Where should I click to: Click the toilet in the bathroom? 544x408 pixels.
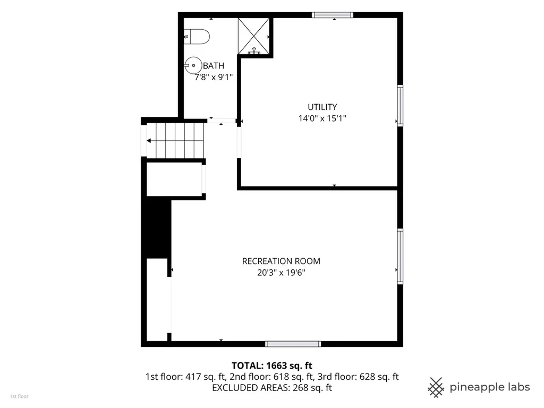[x=197, y=37]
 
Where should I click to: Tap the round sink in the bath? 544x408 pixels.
[x=193, y=65]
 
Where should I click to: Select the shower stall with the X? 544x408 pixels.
[x=253, y=36]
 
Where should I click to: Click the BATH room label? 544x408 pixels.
[x=214, y=65]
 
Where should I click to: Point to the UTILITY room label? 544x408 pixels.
[x=322, y=107]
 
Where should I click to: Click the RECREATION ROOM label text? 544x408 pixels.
[x=281, y=261]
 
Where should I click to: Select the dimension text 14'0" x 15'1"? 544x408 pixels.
[x=322, y=118]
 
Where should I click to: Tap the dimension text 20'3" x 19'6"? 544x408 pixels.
[x=281, y=273]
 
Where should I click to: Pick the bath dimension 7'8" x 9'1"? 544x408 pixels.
[x=214, y=77]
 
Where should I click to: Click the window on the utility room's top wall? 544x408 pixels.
[x=333, y=15]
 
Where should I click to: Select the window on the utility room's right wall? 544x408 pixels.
[x=400, y=106]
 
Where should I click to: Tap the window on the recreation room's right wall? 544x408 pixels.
[x=400, y=257]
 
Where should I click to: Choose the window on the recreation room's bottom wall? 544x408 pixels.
[x=293, y=344]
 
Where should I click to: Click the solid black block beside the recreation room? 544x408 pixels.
[x=156, y=229]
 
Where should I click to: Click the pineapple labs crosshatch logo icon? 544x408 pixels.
[x=436, y=387]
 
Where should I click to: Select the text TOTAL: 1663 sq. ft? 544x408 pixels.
[x=272, y=365]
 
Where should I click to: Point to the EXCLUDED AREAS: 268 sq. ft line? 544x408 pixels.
[x=272, y=387]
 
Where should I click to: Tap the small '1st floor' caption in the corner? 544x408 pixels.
[x=19, y=396]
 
